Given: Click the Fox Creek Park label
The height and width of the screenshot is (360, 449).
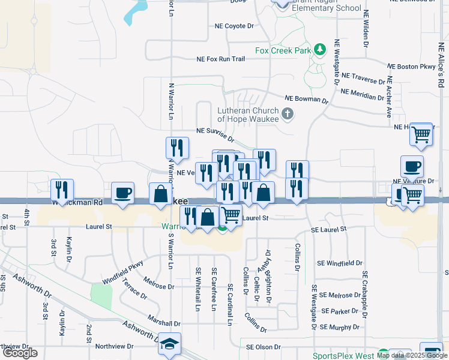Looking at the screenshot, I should tap(283, 51).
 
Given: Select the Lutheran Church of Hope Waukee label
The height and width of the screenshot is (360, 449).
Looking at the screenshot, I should tap(249, 115).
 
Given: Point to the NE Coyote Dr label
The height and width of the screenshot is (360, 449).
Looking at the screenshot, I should tap(235, 26).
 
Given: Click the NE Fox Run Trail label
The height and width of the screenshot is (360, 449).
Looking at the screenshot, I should tap(221, 59).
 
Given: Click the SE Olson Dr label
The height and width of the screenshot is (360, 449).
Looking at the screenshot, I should tap(264, 347).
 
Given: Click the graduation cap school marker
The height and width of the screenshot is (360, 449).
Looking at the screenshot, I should tap(170, 344).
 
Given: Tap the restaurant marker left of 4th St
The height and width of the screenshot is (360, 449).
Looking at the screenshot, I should tap(62, 190).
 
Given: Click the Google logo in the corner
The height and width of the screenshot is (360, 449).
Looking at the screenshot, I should tap(20, 353).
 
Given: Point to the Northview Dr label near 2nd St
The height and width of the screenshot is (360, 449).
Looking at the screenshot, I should tap(114, 347).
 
